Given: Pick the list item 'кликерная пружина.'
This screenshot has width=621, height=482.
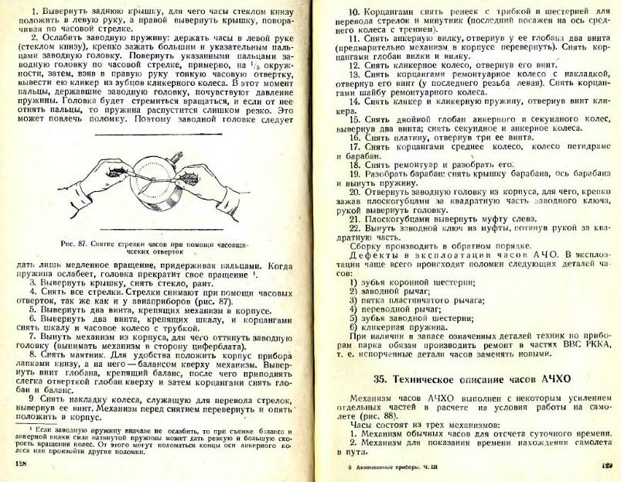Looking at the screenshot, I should click(x=394, y=326).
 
